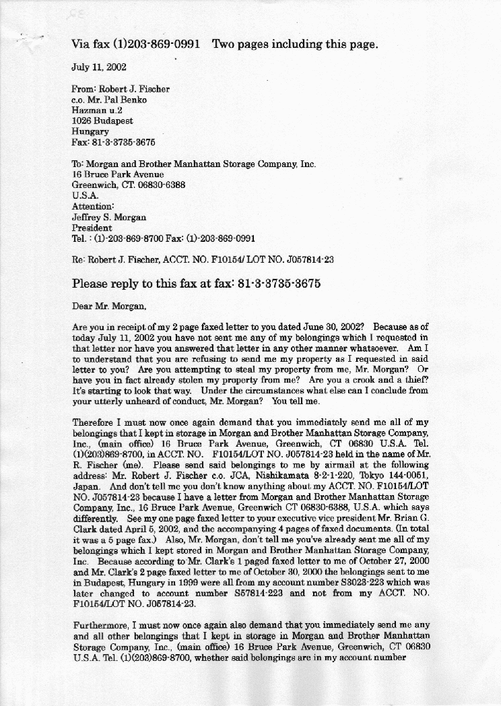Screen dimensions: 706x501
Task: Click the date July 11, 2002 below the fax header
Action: tap(98, 67)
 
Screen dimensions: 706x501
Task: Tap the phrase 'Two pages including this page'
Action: tap(294, 44)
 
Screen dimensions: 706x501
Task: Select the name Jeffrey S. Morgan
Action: tap(109, 217)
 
